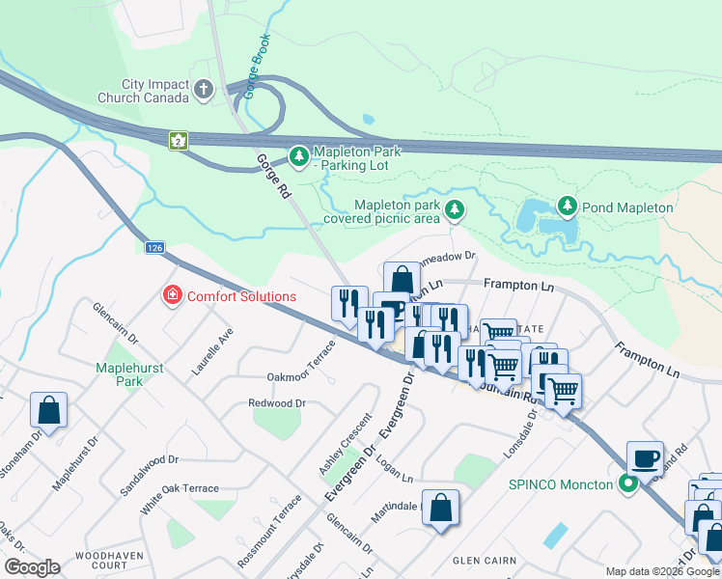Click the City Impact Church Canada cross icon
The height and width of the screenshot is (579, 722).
[x=203, y=91]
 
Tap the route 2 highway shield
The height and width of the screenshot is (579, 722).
[x=178, y=140]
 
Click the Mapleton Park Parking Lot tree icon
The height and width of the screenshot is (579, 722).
[x=299, y=155]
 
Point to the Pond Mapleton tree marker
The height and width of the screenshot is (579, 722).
[x=567, y=207]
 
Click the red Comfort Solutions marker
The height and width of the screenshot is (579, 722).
[x=172, y=295]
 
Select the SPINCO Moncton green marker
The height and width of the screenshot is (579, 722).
[x=629, y=483]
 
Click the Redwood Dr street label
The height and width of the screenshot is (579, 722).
[x=277, y=402]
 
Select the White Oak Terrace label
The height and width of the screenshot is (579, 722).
[x=180, y=488]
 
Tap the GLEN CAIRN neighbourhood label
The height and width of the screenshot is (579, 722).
[x=486, y=559]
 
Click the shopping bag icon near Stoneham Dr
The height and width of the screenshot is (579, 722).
[x=48, y=410]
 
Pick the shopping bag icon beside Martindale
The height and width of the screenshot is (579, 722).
[x=440, y=507]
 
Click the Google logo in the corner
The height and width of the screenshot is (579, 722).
[x=33, y=567]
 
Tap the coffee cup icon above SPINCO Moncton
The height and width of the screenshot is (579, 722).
[x=645, y=456]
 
